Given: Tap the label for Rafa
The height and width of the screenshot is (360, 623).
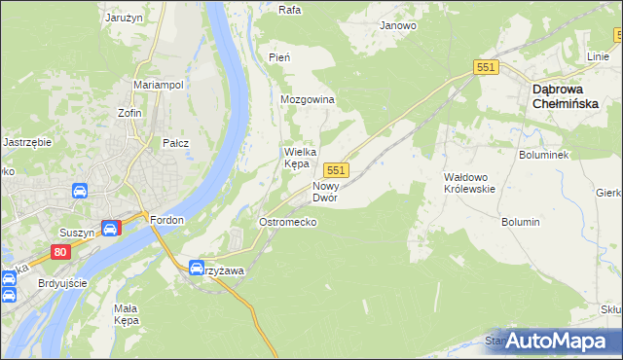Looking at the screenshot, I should point(288,10).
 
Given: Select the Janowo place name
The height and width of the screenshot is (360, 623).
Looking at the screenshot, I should point(398,25).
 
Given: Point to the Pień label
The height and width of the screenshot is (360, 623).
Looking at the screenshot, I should point(279,58).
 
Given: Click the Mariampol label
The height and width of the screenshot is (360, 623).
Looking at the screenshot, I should point(159,85).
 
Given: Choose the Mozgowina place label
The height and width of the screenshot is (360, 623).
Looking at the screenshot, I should point(308,100).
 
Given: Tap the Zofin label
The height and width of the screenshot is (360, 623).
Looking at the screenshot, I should point(130,113).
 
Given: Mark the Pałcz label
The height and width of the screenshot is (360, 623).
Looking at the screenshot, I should point(175,143).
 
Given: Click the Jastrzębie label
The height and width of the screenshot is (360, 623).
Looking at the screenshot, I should point(27,141).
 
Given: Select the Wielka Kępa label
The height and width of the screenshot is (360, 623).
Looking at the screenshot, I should point(297,158).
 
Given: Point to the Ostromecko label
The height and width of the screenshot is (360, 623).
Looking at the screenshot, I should point(287,222).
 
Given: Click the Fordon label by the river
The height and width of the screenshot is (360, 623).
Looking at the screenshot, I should point(167,220).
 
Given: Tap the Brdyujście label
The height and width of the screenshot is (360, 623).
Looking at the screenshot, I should point(61,283).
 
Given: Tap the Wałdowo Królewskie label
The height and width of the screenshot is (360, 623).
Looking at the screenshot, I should point(470,183).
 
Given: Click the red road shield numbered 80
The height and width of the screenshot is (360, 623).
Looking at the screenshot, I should point(61,252).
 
